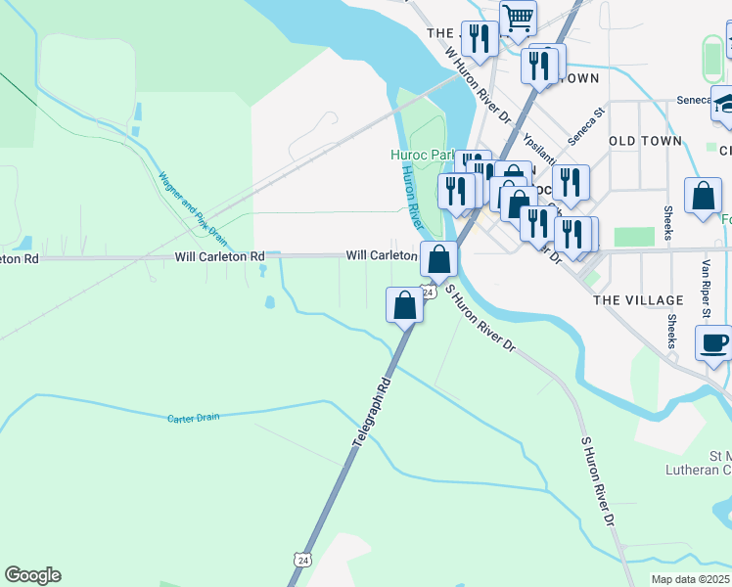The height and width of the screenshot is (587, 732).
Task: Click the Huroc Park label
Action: [422, 155]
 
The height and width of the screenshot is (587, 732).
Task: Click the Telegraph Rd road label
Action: [372, 416]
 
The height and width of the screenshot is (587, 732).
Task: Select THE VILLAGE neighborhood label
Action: [638, 300]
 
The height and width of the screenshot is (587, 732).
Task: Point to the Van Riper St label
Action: [704, 289]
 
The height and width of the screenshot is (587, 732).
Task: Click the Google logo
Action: [32, 575]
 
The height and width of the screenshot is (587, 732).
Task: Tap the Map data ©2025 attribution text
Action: [690, 579]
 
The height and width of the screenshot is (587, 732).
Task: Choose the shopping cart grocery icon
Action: [518, 17]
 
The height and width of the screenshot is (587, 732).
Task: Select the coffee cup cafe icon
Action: [713, 343]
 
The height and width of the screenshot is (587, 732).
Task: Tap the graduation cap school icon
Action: [725, 104]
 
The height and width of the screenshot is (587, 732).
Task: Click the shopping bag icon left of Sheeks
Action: [703, 196]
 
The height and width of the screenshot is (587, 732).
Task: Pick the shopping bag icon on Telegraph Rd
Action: [405, 304]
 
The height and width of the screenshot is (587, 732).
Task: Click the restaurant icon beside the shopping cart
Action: [479, 39]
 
